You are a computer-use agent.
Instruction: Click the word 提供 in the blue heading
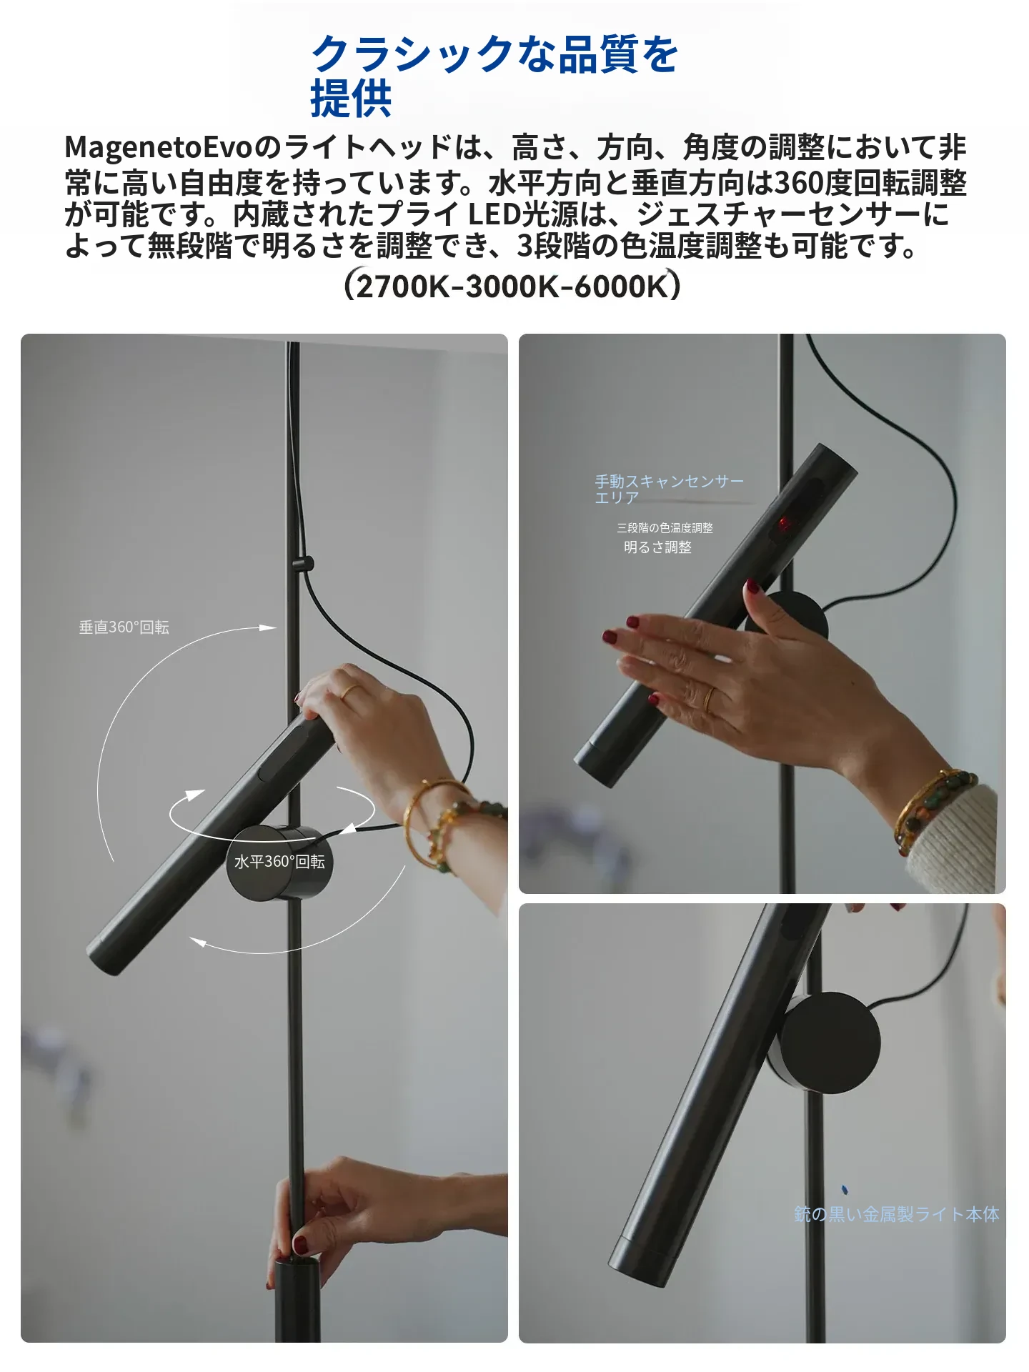(x=351, y=98)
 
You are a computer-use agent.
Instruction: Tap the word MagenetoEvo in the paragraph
(x=159, y=147)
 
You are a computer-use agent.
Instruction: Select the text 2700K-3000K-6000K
(x=512, y=287)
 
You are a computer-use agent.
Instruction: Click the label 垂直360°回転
(x=124, y=627)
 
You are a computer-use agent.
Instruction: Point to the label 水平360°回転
(x=279, y=862)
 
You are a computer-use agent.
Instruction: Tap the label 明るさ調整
(x=657, y=547)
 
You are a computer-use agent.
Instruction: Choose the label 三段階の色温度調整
(x=665, y=528)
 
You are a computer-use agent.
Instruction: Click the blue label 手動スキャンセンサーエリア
(x=670, y=489)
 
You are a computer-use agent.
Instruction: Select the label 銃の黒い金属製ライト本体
(x=897, y=1214)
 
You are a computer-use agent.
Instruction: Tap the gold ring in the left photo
(x=350, y=691)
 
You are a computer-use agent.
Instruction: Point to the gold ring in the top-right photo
(x=709, y=699)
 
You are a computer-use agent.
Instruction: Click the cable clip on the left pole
(x=303, y=564)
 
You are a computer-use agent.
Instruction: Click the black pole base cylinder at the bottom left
(x=297, y=1301)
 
